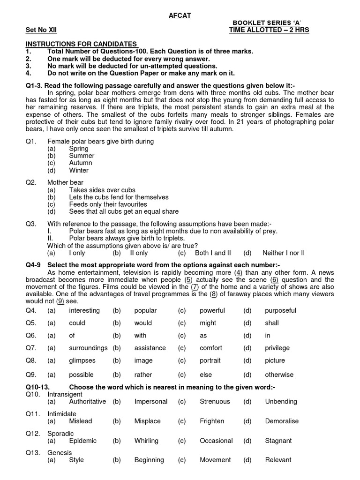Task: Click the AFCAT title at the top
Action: [180, 16]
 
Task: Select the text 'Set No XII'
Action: [41, 30]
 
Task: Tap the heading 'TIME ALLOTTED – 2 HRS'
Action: [269, 30]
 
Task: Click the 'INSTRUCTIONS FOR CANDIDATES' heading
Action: [81, 44]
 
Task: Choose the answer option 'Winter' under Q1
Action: [79, 170]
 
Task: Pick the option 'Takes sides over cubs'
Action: [102, 190]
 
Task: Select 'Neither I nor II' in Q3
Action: [284, 253]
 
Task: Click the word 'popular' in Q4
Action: [145, 310]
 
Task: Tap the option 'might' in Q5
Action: [208, 323]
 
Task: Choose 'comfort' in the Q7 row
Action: [211, 348]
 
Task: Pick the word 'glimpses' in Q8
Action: [82, 360]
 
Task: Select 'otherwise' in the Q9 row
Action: [279, 375]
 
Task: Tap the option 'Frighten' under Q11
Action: [212, 421]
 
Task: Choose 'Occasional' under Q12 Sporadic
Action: [216, 441]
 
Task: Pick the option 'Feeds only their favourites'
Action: [108, 204]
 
